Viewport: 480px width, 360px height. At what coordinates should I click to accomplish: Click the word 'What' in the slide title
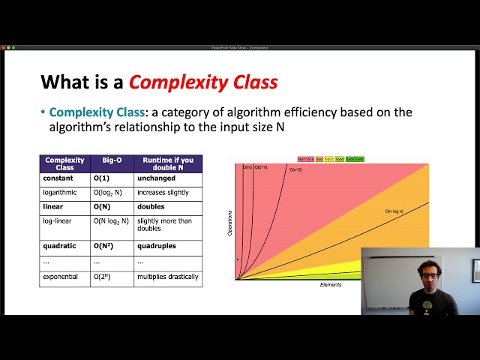click(63, 82)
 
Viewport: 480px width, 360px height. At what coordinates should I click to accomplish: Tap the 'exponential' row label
click(61, 277)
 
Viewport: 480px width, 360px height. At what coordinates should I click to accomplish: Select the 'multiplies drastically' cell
click(167, 277)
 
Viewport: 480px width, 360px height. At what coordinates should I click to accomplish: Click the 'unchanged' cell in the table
click(155, 178)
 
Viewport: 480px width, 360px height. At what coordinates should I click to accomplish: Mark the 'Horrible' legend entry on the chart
click(306, 159)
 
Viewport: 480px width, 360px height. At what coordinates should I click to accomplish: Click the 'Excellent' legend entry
click(355, 159)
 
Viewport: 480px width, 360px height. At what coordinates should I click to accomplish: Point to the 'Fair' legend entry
click(329, 159)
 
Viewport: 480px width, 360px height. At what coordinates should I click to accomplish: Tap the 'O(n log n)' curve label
click(394, 211)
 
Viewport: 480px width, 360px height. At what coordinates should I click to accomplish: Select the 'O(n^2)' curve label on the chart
click(295, 170)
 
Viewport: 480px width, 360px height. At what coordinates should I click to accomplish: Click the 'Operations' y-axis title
click(229, 226)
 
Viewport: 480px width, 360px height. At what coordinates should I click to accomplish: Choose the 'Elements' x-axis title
click(330, 285)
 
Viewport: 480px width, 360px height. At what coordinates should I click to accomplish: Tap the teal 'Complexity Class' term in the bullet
click(94, 112)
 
